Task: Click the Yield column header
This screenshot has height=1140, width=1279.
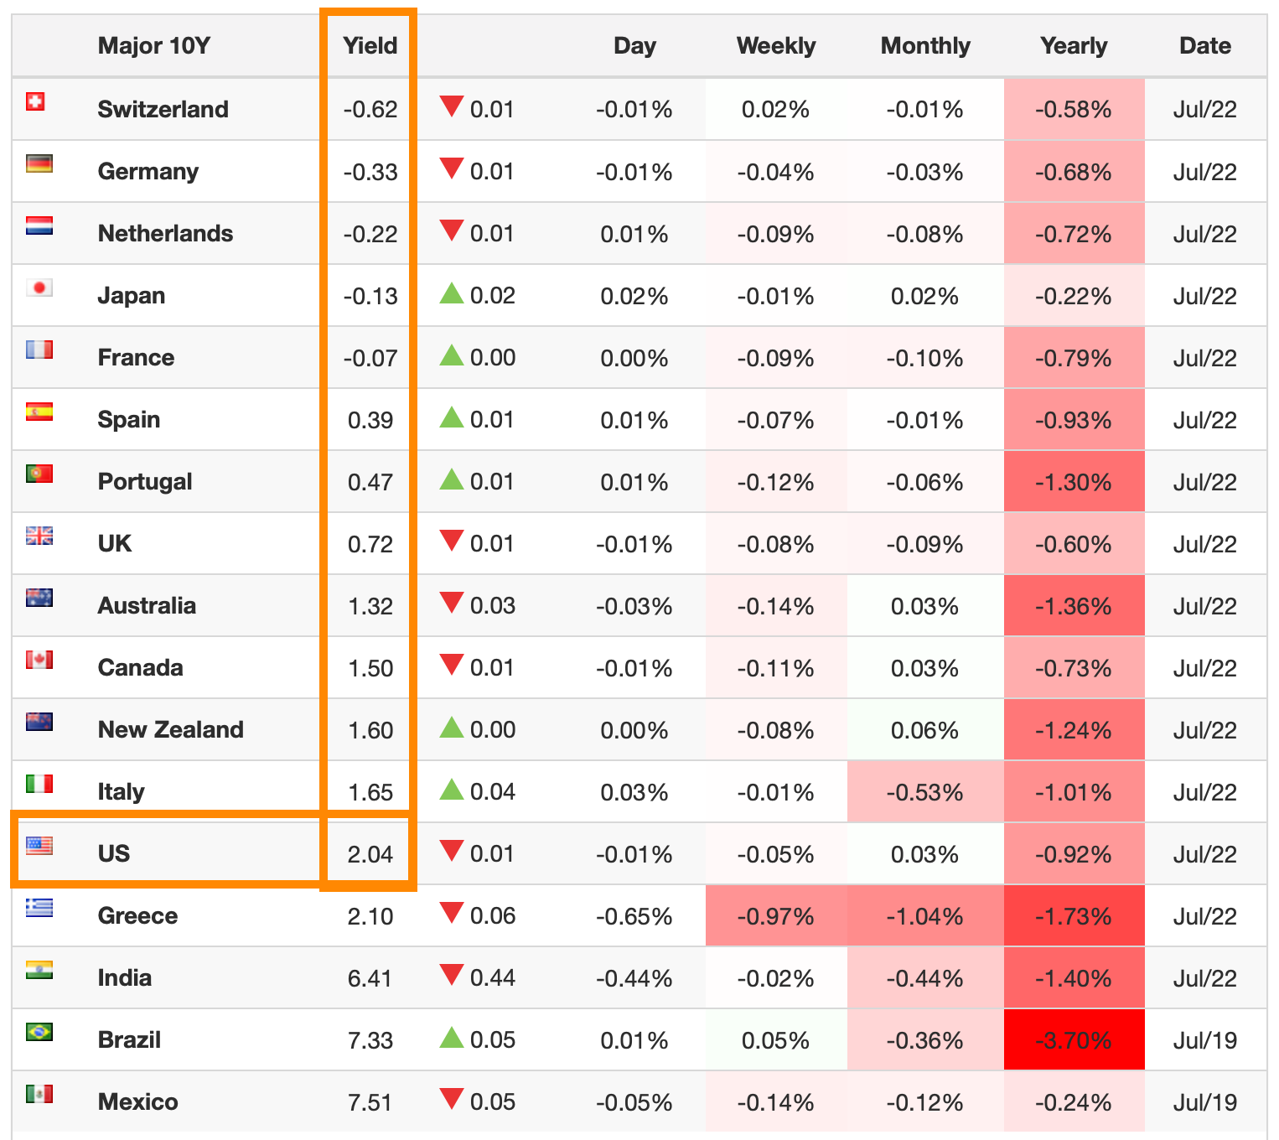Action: click(370, 45)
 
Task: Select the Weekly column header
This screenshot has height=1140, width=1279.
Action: click(775, 45)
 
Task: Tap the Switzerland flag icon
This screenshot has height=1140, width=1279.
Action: click(35, 101)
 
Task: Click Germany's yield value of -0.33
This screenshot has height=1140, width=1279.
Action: click(370, 172)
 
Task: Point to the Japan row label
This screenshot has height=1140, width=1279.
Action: click(131, 295)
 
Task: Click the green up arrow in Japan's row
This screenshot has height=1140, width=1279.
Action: click(452, 293)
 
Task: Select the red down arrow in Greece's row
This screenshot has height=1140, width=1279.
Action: click(452, 913)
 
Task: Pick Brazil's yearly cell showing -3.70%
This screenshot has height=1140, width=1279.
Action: click(1073, 1040)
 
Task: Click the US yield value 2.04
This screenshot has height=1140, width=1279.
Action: click(370, 854)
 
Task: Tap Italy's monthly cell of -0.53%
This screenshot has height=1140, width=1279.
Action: click(924, 792)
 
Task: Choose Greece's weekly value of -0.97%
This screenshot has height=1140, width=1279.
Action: click(775, 916)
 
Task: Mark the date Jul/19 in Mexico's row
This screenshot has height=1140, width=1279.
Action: click(1204, 1102)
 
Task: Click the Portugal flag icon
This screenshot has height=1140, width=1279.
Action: click(39, 474)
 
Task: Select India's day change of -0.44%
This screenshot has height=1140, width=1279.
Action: click(634, 978)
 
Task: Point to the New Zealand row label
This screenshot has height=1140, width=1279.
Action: click(170, 729)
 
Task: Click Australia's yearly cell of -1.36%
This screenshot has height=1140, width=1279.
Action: click(1073, 606)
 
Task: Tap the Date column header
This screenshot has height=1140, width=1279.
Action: click(1204, 45)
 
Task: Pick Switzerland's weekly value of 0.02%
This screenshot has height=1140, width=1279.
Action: click(775, 110)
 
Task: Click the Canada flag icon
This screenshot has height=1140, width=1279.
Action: click(39, 660)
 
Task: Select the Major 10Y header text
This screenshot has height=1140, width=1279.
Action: click(153, 45)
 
